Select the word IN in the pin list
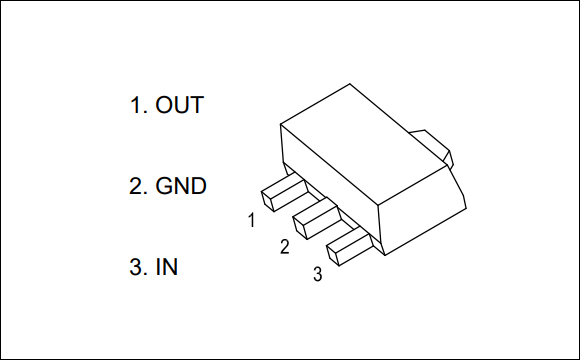tap(168, 268)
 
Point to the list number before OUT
tap(135, 105)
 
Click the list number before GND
tap(135, 186)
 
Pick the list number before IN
tap(135, 268)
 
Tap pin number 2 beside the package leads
tap(284, 246)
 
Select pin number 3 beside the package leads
tap(317, 273)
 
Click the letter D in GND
tap(198, 186)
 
